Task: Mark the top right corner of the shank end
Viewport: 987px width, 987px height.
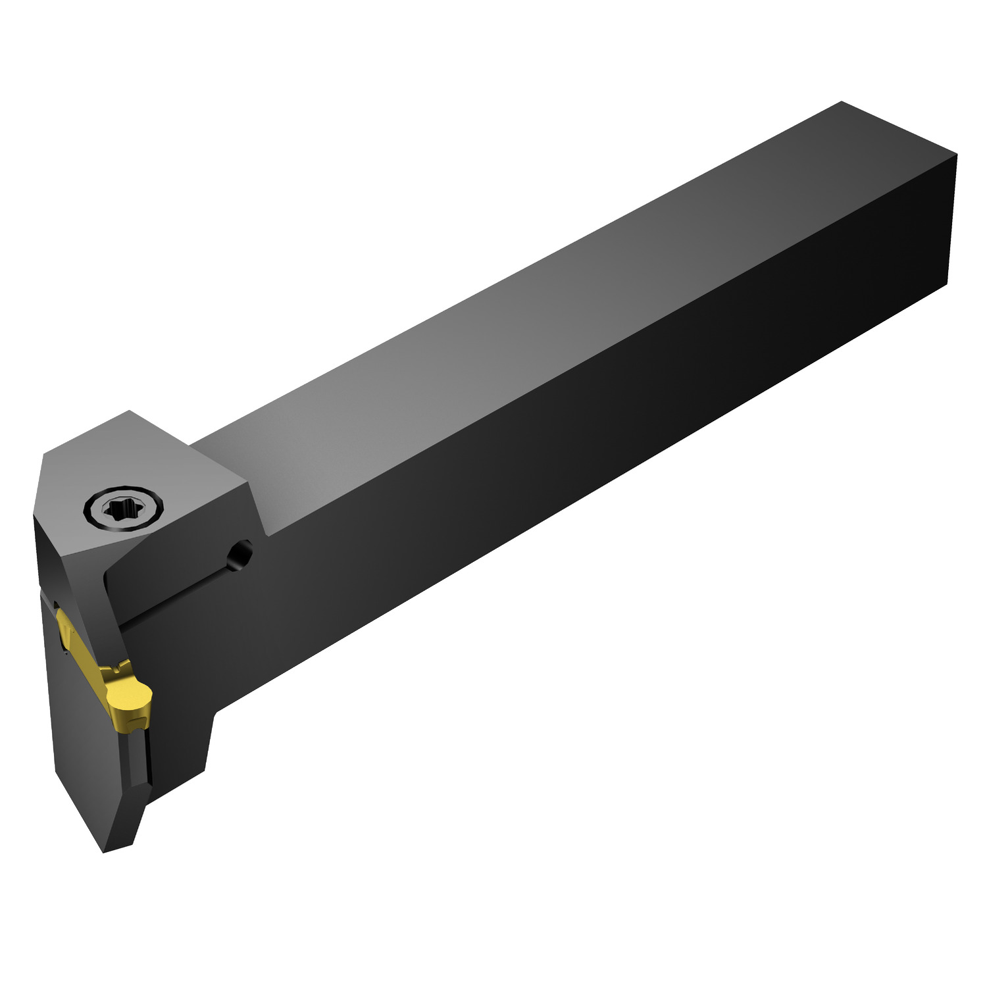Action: tap(956, 156)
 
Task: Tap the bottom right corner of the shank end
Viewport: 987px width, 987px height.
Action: tap(947, 284)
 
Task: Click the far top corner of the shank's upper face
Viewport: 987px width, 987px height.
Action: tap(842, 102)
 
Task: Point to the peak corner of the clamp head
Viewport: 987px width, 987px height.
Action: tap(130, 411)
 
